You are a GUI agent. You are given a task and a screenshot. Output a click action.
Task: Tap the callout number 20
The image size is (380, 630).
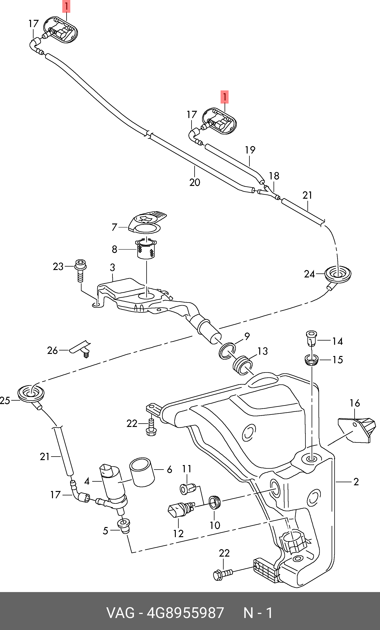(x=195, y=182)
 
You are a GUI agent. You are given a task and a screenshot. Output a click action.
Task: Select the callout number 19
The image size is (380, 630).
(x=250, y=150)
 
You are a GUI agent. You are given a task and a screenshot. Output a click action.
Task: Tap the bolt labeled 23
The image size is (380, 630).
(x=80, y=271)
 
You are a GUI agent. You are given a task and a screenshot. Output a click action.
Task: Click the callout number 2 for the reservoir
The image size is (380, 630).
(x=356, y=482)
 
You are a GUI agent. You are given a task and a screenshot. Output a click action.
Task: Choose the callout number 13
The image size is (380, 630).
(x=262, y=351)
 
